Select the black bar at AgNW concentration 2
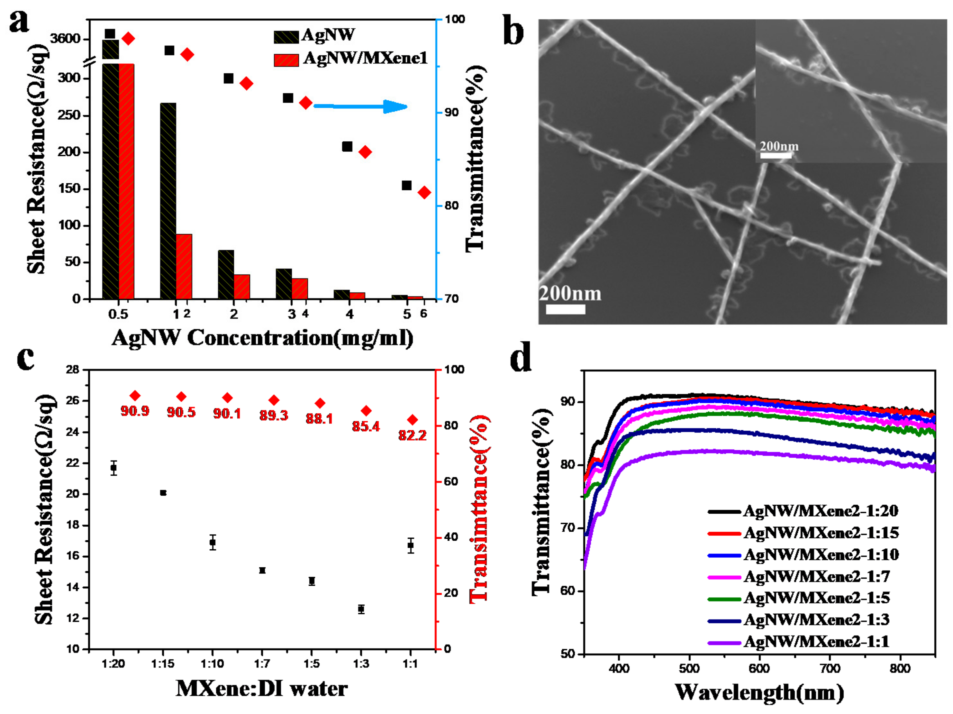tap(226, 274)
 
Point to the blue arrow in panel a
tap(360, 106)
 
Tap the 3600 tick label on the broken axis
tap(65, 39)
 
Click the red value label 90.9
tap(135, 411)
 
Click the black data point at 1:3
tap(361, 609)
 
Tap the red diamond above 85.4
tap(366, 410)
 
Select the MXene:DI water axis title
tap(261, 689)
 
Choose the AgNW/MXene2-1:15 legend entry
tap(821, 533)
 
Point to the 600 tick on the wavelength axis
tap(759, 668)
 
